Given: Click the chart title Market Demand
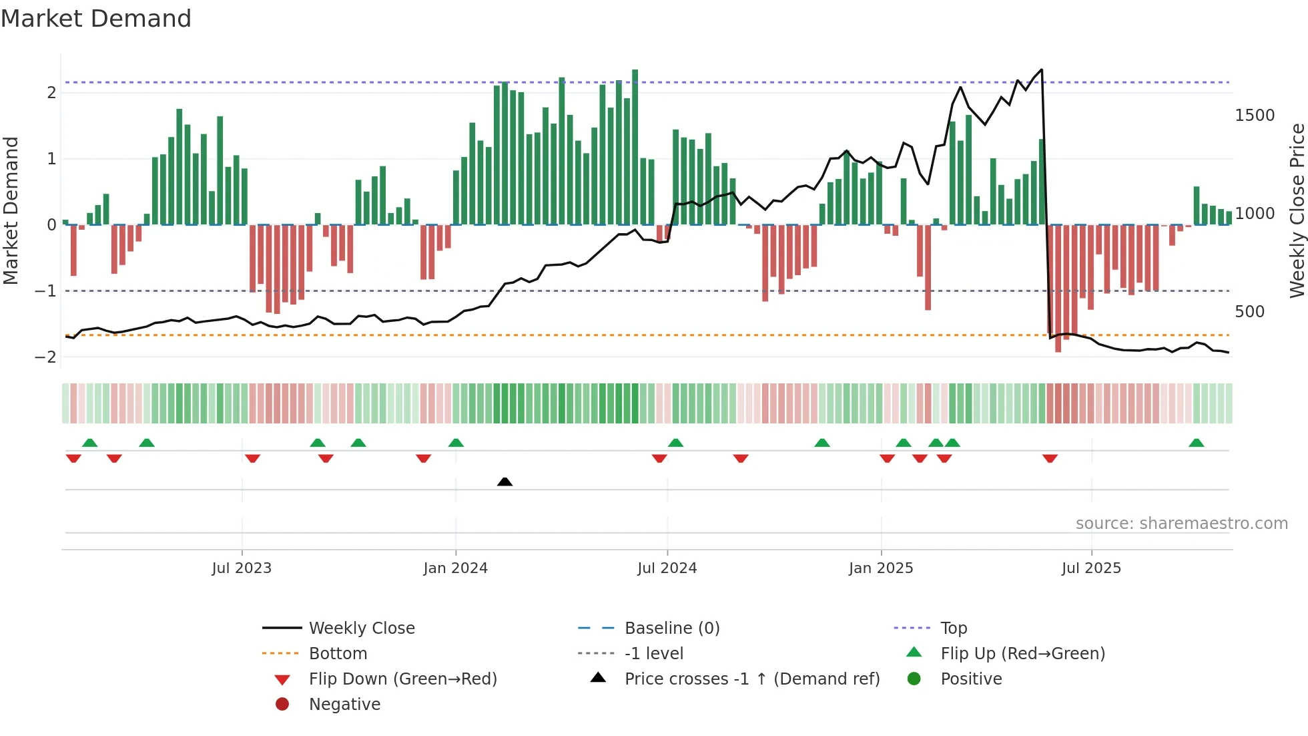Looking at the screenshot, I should pos(96,19).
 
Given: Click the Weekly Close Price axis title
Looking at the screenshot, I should pos(1297,210).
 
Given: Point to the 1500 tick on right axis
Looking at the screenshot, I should pos(1254,116).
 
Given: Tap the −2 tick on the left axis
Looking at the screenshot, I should pos(45,357).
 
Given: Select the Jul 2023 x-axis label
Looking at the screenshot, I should pos(242,568).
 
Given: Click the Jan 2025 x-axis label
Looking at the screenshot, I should pos(880,568).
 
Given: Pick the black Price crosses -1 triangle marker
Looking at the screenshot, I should pos(505,482).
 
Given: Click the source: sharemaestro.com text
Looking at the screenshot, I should pos(1181,524).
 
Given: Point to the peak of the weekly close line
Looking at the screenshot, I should pos(1041,69).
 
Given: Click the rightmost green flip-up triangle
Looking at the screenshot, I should pos(1196,443).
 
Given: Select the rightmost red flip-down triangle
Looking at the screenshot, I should pos(1050,459).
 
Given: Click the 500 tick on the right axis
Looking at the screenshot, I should pos(1249,312).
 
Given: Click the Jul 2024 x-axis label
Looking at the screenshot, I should pos(667,568).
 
